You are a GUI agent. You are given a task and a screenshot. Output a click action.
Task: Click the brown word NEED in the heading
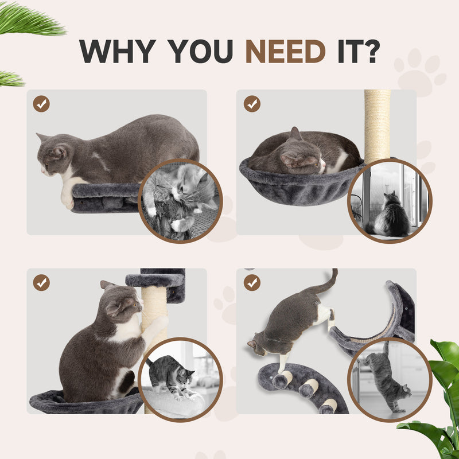point(285,52)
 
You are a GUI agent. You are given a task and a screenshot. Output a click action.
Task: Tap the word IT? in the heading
point(356,52)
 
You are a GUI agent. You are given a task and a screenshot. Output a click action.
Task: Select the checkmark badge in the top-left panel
point(41,104)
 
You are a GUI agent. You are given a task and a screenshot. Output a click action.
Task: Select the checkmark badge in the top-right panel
point(251,104)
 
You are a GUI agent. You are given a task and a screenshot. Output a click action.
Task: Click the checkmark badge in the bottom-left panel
point(41,282)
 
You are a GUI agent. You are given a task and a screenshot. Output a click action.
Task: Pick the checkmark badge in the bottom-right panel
point(251,282)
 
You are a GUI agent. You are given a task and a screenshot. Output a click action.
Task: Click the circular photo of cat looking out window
point(390,201)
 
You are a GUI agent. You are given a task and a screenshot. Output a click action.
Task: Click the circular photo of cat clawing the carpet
point(180,201)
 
